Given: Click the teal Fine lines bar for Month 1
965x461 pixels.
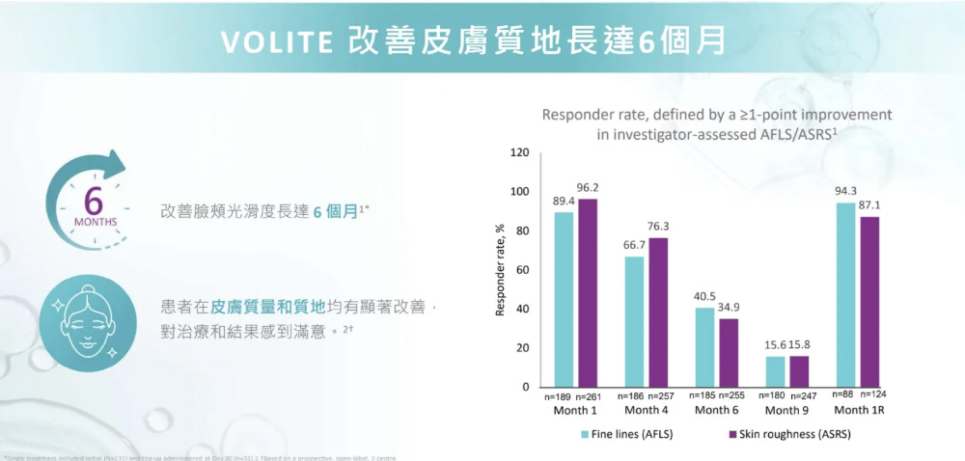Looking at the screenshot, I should click(564, 299).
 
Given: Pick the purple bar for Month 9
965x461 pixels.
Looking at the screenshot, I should click(799, 371).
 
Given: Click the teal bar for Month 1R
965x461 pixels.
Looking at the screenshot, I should click(845, 294).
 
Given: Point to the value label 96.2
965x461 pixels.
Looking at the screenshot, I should click(588, 186).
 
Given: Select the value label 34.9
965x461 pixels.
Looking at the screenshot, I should click(729, 307).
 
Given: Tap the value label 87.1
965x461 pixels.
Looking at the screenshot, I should click(868, 205).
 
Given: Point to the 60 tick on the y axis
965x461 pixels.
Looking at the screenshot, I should click(522, 270).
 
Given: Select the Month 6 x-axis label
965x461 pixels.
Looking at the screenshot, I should click(716, 411).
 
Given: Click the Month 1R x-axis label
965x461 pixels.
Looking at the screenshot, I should click(858, 411).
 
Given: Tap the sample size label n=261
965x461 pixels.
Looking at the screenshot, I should click(589, 396).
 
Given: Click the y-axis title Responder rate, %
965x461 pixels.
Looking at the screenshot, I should click(499, 270).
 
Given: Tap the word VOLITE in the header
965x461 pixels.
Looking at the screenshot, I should click(276, 43).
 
